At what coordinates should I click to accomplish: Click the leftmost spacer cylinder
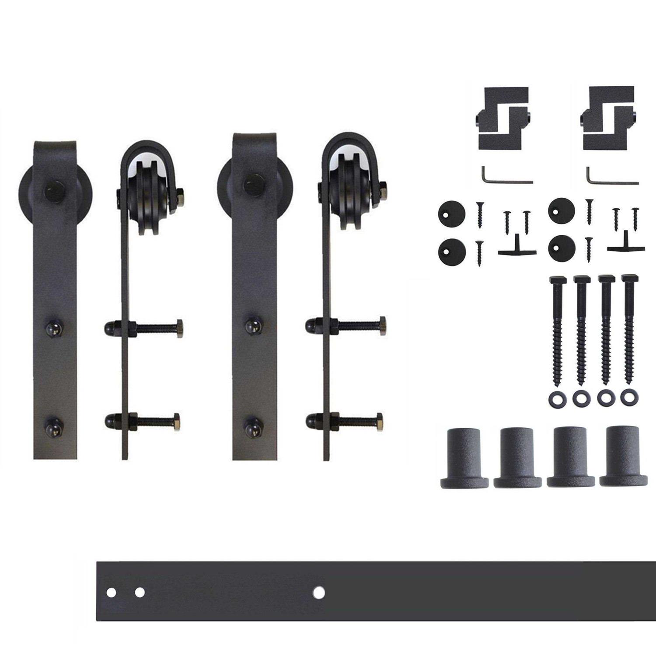tap(464, 459)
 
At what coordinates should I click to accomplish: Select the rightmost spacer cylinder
tap(623, 459)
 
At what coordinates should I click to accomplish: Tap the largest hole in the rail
tap(319, 593)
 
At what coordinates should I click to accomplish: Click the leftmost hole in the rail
tap(111, 593)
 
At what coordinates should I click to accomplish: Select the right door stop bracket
tap(609, 118)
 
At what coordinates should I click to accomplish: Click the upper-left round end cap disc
tap(451, 214)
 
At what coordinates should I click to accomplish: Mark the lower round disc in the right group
tap(562, 248)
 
